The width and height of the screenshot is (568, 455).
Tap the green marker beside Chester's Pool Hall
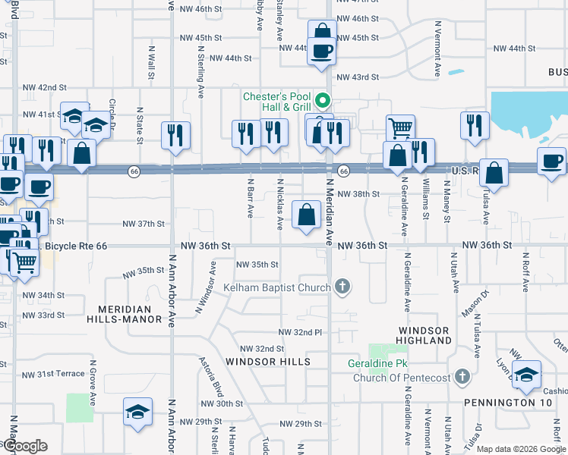coord(323,100)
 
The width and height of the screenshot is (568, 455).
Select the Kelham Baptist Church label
coord(277,287)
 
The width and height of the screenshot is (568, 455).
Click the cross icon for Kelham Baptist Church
coord(342,287)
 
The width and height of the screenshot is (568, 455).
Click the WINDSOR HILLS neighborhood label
coord(268,362)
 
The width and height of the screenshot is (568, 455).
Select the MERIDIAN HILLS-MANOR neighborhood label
coord(130,314)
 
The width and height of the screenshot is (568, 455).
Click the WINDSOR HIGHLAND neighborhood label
coord(424,336)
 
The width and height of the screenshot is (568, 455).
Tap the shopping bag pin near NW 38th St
coord(306,216)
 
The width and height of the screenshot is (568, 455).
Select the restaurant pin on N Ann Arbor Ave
coord(175,135)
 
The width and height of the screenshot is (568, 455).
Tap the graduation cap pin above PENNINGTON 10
coord(526,374)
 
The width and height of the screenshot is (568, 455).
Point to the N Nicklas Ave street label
coord(280,204)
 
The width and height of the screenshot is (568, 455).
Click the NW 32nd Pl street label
coord(301,332)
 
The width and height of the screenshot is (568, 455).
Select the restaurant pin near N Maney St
coord(475,126)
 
